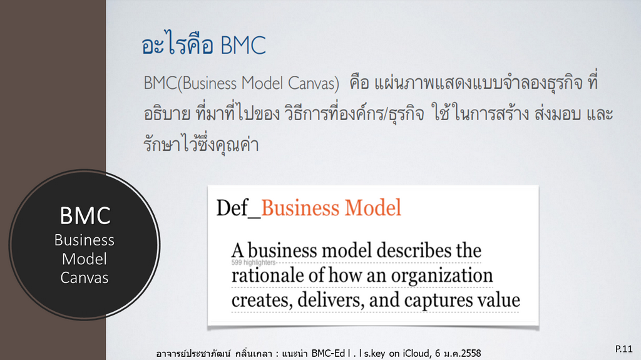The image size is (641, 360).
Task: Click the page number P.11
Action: tap(624, 349)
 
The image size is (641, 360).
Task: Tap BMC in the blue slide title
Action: tap(244, 45)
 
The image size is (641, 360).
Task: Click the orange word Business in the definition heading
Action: tap(300, 208)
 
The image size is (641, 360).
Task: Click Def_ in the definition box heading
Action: tap(238, 208)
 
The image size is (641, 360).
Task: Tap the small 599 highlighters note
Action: tap(254, 262)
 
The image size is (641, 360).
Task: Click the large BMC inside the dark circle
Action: tap(85, 215)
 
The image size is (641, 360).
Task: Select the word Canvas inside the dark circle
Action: tap(85, 278)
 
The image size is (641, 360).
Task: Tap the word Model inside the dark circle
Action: tap(85, 259)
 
